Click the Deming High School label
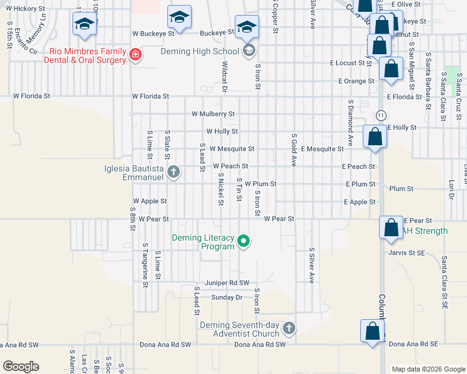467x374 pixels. click(200, 51)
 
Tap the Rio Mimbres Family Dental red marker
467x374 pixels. click(134, 55)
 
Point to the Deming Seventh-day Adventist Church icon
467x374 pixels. click(288, 328)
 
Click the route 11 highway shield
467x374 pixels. click(380, 115)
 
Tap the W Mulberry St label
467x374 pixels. click(213, 114)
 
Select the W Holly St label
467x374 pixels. click(222, 132)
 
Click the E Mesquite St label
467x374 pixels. click(322, 149)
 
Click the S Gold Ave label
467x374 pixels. click(293, 150)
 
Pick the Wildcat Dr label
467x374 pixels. click(224, 75)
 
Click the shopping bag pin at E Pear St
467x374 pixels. click(391, 228)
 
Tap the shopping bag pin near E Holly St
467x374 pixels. click(374, 137)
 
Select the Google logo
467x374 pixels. click(21, 367)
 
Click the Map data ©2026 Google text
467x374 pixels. click(428, 369)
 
